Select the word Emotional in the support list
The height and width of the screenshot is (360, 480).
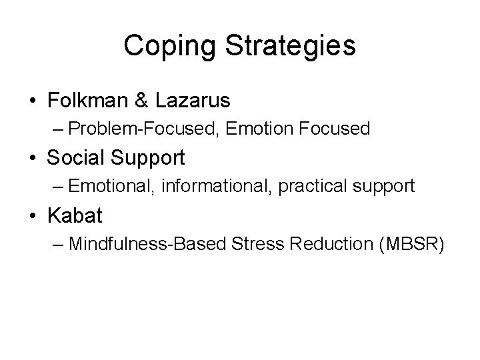coord(115,185)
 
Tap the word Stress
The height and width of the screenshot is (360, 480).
coord(254,243)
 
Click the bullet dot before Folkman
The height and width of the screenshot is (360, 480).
coord(33,101)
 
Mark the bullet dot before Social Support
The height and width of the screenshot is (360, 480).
coord(33,158)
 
